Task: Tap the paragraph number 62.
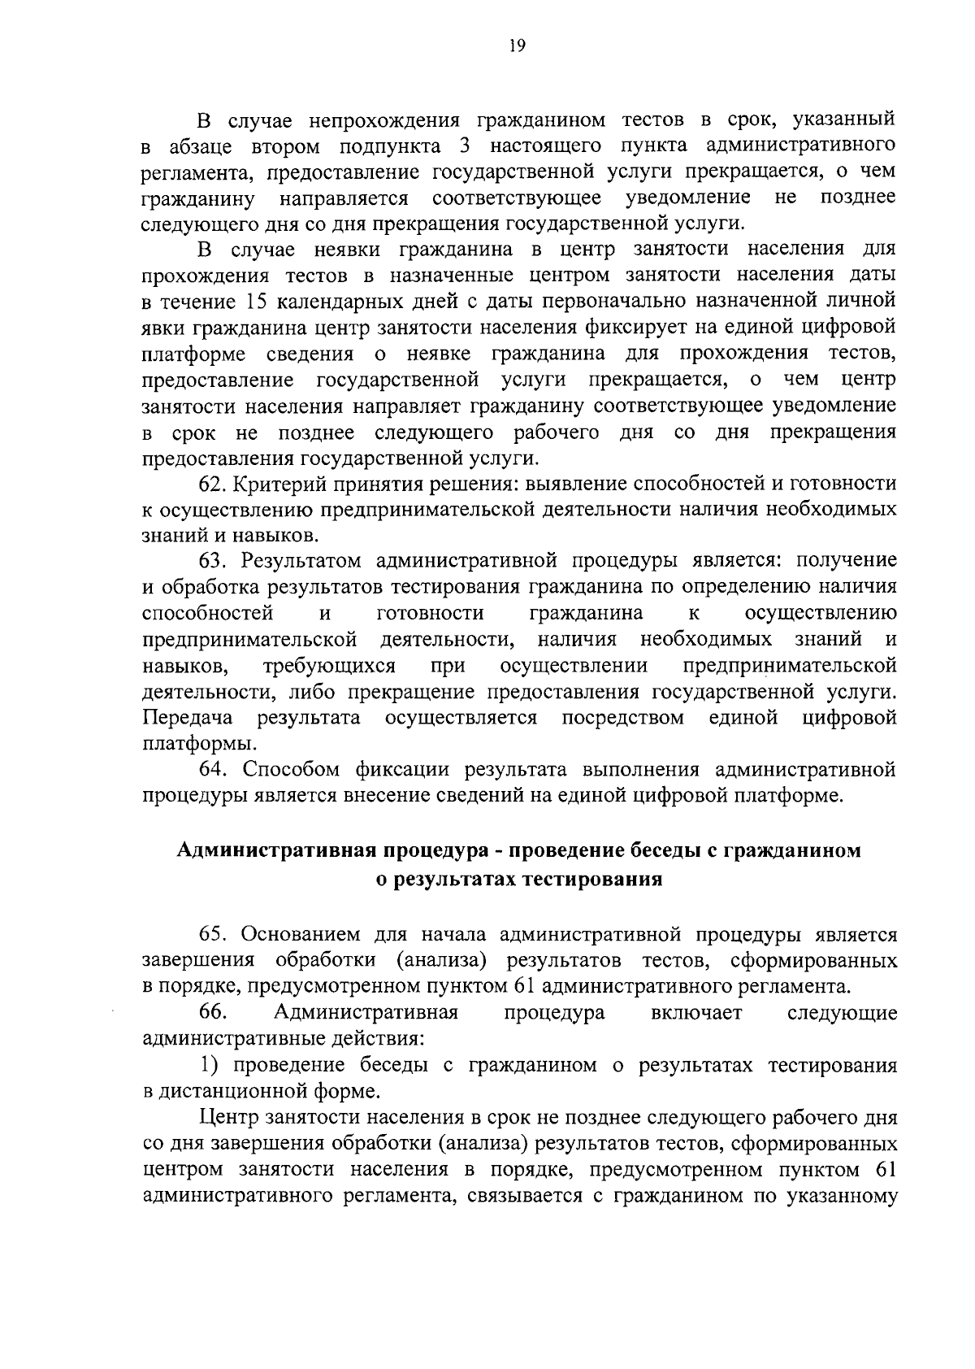click(211, 484)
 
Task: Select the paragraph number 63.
click(211, 560)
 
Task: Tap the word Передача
click(188, 718)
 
